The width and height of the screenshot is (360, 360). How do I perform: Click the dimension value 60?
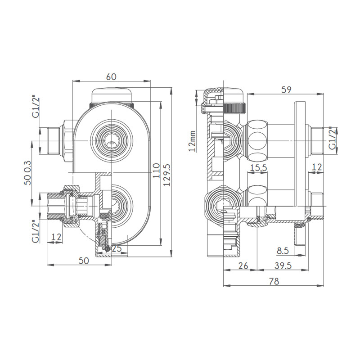click(111, 76)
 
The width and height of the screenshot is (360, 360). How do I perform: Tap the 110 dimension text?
click(156, 171)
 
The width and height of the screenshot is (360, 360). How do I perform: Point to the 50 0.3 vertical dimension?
click(27, 173)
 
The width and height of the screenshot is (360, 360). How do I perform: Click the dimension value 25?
click(117, 248)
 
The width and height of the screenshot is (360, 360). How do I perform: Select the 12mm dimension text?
click(193, 141)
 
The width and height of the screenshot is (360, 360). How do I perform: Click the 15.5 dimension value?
click(258, 167)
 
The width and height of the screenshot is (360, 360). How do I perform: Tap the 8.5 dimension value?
click(283, 251)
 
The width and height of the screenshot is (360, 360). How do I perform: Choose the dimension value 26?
click(243, 265)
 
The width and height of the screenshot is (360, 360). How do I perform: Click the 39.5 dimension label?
click(283, 265)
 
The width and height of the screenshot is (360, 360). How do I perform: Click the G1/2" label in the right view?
click(333, 138)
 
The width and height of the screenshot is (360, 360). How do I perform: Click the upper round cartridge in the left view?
click(111, 140)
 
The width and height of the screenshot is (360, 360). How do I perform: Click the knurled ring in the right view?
click(235, 108)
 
